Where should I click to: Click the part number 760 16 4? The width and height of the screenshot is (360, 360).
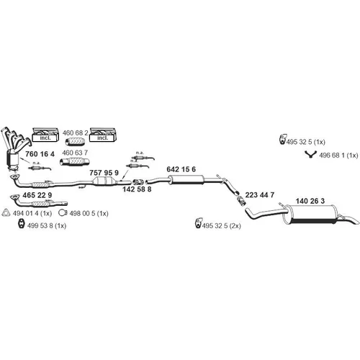(40, 154)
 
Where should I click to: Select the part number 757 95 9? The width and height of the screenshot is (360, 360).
(104, 173)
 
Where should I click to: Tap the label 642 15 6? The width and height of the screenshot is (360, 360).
(181, 169)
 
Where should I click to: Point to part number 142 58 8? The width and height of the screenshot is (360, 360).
(137, 189)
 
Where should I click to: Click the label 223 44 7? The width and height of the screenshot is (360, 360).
(260, 195)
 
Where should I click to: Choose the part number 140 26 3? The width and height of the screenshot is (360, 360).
(310, 201)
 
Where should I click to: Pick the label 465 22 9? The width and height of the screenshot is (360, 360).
(37, 195)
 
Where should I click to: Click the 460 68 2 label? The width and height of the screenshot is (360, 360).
(76, 132)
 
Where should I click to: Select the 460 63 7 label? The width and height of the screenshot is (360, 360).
(75, 153)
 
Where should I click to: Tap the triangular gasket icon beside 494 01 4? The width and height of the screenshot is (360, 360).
(6, 212)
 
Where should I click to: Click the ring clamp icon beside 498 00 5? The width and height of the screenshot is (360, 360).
(63, 212)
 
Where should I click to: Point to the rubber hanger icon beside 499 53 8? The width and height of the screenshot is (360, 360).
(22, 224)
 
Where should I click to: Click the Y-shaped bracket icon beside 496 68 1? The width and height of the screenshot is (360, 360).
(311, 154)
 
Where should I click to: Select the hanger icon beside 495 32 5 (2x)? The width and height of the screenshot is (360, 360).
(199, 223)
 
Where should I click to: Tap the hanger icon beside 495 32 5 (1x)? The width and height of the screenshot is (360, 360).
(283, 139)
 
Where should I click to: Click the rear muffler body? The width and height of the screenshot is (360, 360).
(310, 215)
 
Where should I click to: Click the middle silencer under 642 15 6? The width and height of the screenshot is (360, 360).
(186, 180)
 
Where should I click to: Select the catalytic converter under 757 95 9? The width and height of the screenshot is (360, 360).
(104, 181)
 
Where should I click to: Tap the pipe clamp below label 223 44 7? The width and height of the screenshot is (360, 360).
(241, 201)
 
